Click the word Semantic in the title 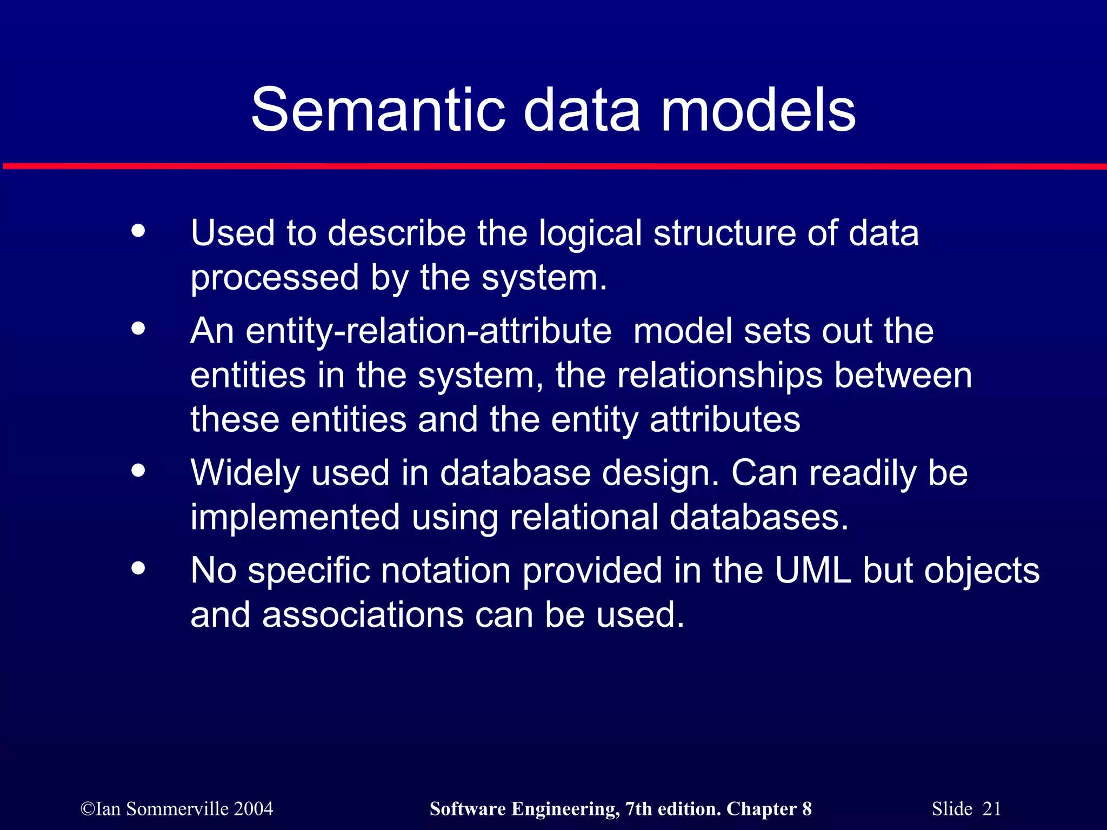(x=378, y=111)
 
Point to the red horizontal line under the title (x=553, y=166)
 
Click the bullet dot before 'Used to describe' (x=138, y=231)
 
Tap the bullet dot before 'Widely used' (x=138, y=470)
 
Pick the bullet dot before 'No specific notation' (x=138, y=568)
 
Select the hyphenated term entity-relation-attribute (x=401, y=332)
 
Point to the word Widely (x=245, y=474)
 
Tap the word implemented (x=295, y=518)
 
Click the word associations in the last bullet (x=363, y=615)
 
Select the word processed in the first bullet (x=275, y=279)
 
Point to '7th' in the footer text (x=638, y=809)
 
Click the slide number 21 (x=991, y=809)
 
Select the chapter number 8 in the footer (x=806, y=809)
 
